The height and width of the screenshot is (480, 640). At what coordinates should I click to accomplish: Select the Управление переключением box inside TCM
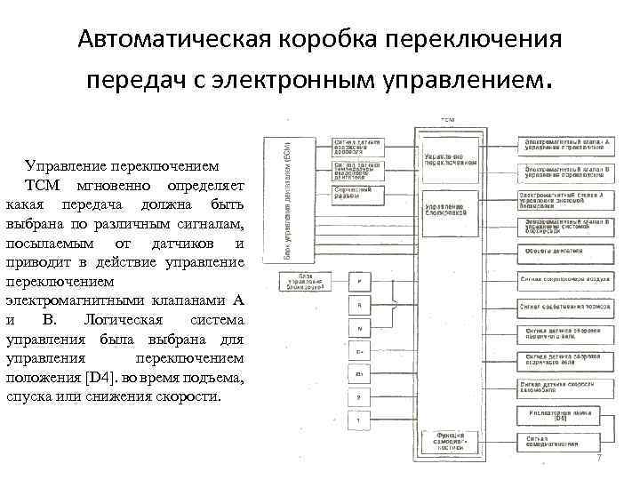tap(452, 159)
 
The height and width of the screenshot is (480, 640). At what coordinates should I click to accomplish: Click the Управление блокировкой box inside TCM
tap(452, 209)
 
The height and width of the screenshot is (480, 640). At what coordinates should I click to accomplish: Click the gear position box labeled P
tap(359, 282)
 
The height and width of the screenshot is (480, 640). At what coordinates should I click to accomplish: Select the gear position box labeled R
tap(359, 306)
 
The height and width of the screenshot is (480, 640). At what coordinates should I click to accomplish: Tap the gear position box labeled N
tap(359, 329)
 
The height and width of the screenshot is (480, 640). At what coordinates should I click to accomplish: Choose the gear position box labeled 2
tap(359, 397)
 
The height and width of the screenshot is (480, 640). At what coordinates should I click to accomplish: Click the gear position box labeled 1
tap(359, 420)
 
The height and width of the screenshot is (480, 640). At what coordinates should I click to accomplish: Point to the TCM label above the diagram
tap(449, 118)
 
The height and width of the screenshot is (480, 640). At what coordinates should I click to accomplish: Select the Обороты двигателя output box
tap(560, 252)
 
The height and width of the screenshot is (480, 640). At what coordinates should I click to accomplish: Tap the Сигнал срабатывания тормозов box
tap(560, 306)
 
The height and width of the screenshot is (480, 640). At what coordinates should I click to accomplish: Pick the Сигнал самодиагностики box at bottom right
tap(560, 442)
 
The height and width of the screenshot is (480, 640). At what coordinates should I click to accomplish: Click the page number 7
tap(599, 459)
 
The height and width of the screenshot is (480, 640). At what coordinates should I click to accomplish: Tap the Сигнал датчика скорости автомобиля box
tap(560, 388)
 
